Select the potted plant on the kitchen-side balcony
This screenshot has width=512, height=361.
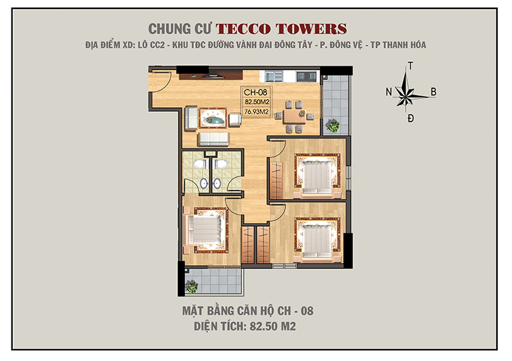click(x=332, y=125)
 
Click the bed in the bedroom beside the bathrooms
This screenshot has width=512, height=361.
click(x=205, y=227)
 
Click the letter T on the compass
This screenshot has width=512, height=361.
click(x=410, y=66)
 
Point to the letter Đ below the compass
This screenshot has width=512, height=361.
click(x=410, y=118)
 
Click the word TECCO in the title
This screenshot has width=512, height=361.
click(x=246, y=29)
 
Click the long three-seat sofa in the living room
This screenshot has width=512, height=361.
click(x=212, y=138)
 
